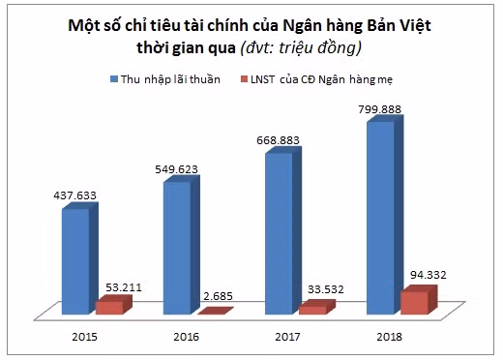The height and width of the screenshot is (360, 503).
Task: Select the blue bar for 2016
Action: coord(177,247)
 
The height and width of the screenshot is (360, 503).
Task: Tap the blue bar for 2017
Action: coord(279,232)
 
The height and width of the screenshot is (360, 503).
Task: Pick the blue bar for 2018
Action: coord(380,218)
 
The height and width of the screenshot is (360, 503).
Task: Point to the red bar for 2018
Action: coord(414,301)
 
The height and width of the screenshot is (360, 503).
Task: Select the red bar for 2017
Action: coord(312,309)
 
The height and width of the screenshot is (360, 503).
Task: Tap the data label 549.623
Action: coord(175,168)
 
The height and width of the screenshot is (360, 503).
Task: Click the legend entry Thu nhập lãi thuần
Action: coord(172,76)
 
